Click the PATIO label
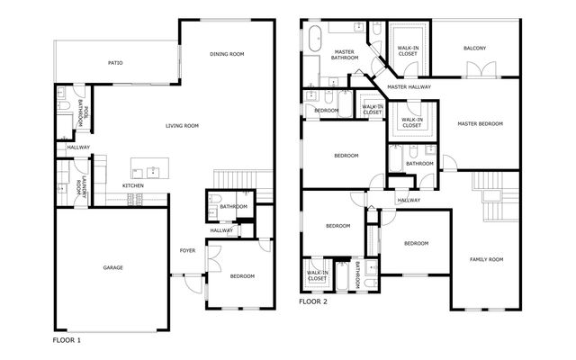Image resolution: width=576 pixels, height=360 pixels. (x=115, y=63)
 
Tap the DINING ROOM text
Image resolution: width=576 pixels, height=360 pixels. (x=227, y=55)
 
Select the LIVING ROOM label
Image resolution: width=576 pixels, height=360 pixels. (x=182, y=125)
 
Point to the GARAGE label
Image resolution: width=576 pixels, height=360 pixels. (x=112, y=267)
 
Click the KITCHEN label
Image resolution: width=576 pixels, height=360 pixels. (x=133, y=186)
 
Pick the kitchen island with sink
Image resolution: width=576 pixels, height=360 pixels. (x=149, y=169)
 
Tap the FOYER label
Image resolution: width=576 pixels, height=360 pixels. (x=187, y=250)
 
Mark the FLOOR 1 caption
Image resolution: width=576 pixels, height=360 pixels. (x=67, y=341)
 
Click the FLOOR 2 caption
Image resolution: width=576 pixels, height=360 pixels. (x=314, y=301)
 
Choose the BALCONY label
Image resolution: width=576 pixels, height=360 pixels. (x=474, y=48)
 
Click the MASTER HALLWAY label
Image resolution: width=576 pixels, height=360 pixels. (x=409, y=86)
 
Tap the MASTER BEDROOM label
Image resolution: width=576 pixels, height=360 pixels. (x=480, y=123)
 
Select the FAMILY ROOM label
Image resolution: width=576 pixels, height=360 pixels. (x=486, y=259)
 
